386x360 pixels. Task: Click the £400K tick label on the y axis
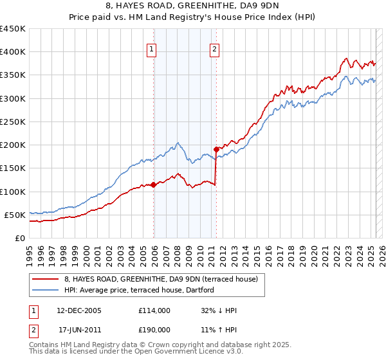click(x=13, y=52)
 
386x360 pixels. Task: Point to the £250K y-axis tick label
click(x=13, y=122)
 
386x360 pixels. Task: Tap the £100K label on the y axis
click(x=13, y=192)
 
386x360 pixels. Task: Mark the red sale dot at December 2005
click(x=154, y=185)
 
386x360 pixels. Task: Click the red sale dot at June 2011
click(x=217, y=150)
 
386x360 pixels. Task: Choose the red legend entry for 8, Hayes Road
click(x=161, y=279)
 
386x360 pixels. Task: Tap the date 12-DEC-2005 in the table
click(x=79, y=310)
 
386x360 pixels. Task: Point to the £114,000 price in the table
click(x=154, y=310)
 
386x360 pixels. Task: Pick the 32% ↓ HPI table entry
click(x=219, y=310)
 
